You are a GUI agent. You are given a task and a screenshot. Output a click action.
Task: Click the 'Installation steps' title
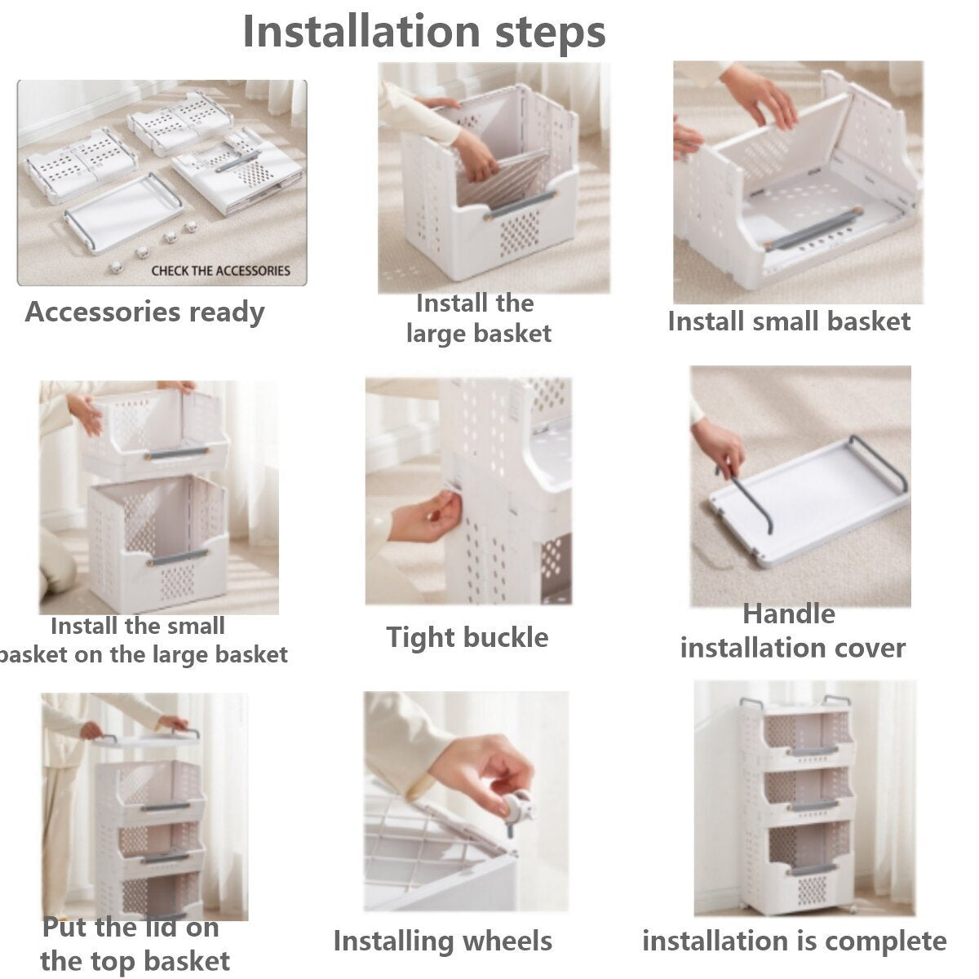(x=424, y=32)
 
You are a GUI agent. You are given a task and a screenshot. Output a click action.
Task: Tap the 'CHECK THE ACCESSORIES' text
(x=220, y=271)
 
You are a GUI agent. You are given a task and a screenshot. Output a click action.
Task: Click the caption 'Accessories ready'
(x=144, y=312)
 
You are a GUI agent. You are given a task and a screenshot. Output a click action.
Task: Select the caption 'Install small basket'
(x=788, y=321)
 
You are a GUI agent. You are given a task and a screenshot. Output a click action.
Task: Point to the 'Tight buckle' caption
(x=467, y=637)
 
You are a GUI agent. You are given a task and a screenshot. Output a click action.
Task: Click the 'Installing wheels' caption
(x=442, y=941)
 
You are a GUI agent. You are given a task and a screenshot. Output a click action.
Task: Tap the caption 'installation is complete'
(x=795, y=941)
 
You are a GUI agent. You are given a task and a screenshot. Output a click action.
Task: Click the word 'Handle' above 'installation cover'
(x=789, y=614)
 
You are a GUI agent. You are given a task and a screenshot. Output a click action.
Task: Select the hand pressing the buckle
(x=426, y=516)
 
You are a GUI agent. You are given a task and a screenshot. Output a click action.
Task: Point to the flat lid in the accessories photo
(x=123, y=212)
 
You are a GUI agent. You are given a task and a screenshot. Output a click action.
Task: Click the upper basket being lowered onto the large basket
(x=154, y=435)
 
